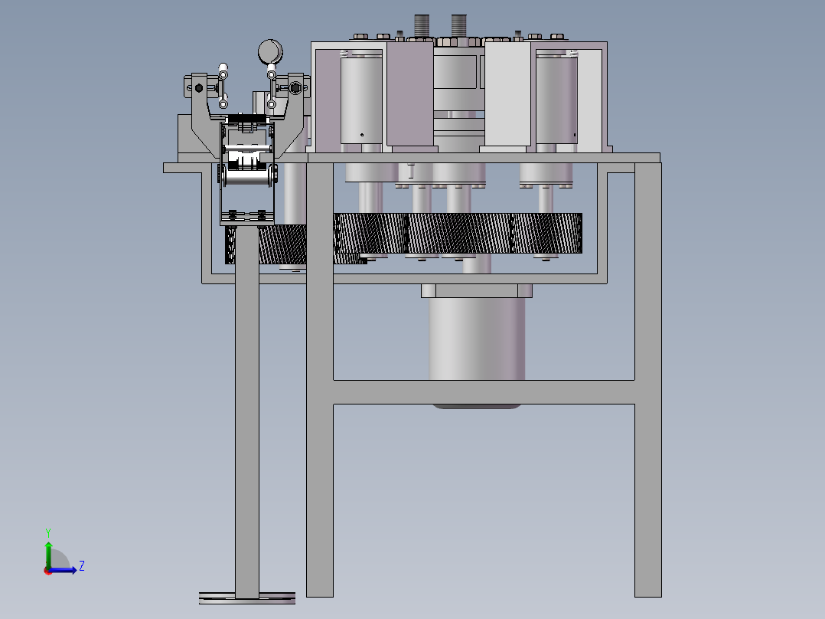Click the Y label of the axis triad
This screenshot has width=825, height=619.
pyautogui.click(x=48, y=532)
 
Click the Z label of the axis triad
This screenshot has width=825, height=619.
pyautogui.click(x=82, y=566)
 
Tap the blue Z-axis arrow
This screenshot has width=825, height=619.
pyautogui.click(x=63, y=570)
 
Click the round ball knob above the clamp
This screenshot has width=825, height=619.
pyautogui.click(x=270, y=51)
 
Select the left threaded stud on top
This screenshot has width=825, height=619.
pyautogui.click(x=422, y=26)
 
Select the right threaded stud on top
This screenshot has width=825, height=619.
pyautogui.click(x=459, y=26)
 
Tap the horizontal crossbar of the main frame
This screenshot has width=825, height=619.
pyautogui.click(x=484, y=392)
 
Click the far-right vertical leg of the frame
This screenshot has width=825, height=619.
pyautogui.click(x=647, y=379)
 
